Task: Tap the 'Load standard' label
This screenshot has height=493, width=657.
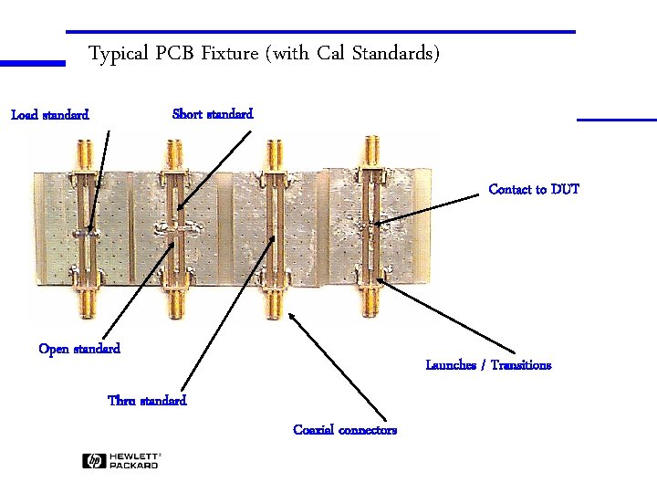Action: pyautogui.click(x=49, y=115)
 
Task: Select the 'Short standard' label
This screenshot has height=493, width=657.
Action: pyautogui.click(x=213, y=114)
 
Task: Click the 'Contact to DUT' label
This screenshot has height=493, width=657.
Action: pyautogui.click(x=534, y=190)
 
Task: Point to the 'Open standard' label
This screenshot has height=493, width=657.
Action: pyautogui.click(x=79, y=349)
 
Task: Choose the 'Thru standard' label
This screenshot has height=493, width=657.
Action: pyautogui.click(x=147, y=401)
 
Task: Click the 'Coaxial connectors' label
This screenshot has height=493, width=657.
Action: pyautogui.click(x=345, y=430)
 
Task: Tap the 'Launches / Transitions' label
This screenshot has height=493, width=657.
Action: pyautogui.click(x=488, y=365)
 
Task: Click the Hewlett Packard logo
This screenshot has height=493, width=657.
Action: pyautogui.click(x=120, y=461)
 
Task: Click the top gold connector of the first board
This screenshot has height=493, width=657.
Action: pyautogui.click(x=84, y=155)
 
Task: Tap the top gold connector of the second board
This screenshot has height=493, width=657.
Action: pyautogui.click(x=172, y=155)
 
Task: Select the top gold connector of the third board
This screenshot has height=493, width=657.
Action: pyautogui.click(x=272, y=155)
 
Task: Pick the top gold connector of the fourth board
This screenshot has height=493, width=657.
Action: pyautogui.click(x=370, y=152)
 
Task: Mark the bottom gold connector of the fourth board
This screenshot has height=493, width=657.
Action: pyautogui.click(x=370, y=299)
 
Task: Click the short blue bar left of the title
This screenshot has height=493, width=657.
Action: pyautogui.click(x=33, y=64)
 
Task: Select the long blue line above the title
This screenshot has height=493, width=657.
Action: pyautogui.click(x=320, y=32)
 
